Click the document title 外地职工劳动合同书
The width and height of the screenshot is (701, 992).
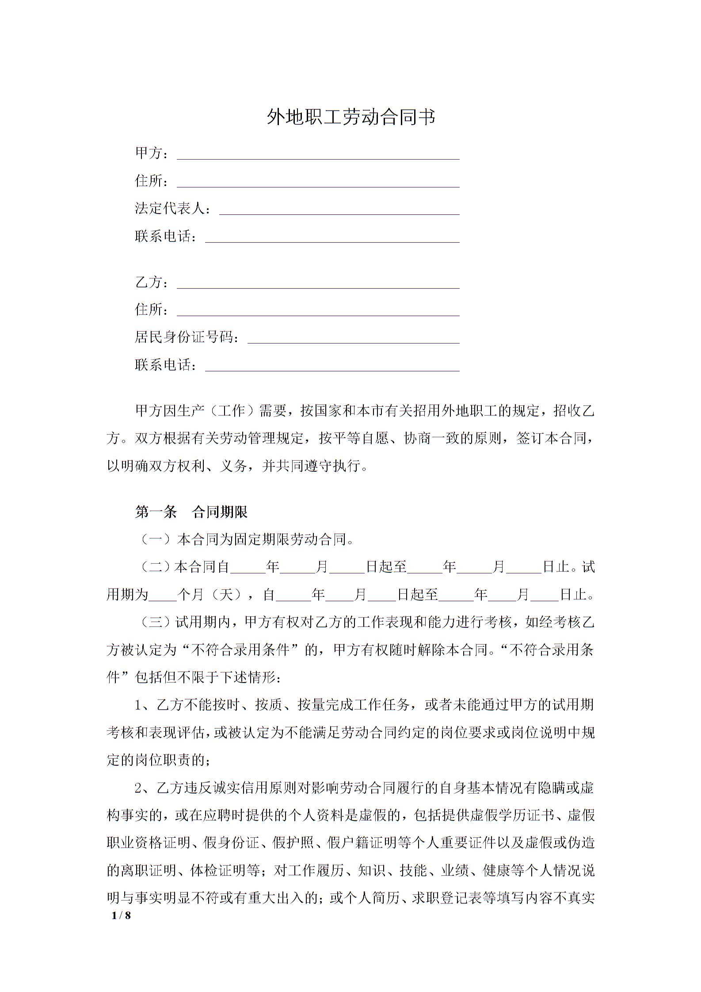pos(351,118)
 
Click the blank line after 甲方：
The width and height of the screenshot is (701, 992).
pos(318,155)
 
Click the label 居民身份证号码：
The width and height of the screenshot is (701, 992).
pos(188,338)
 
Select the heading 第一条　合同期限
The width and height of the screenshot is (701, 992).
pos(191,512)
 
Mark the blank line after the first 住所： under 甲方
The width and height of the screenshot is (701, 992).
pos(318,183)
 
